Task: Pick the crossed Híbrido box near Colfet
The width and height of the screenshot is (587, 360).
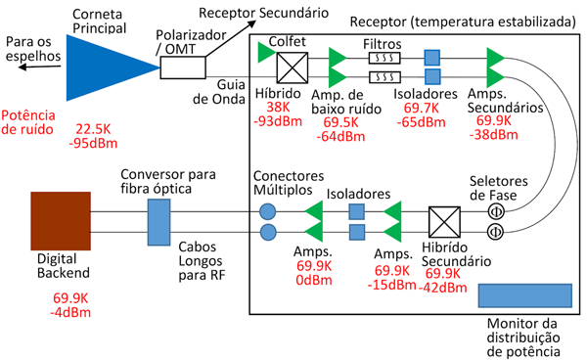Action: click(292, 67)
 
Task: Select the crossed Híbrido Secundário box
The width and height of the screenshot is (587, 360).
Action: click(445, 220)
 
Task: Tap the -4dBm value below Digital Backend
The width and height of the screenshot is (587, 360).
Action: click(71, 313)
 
